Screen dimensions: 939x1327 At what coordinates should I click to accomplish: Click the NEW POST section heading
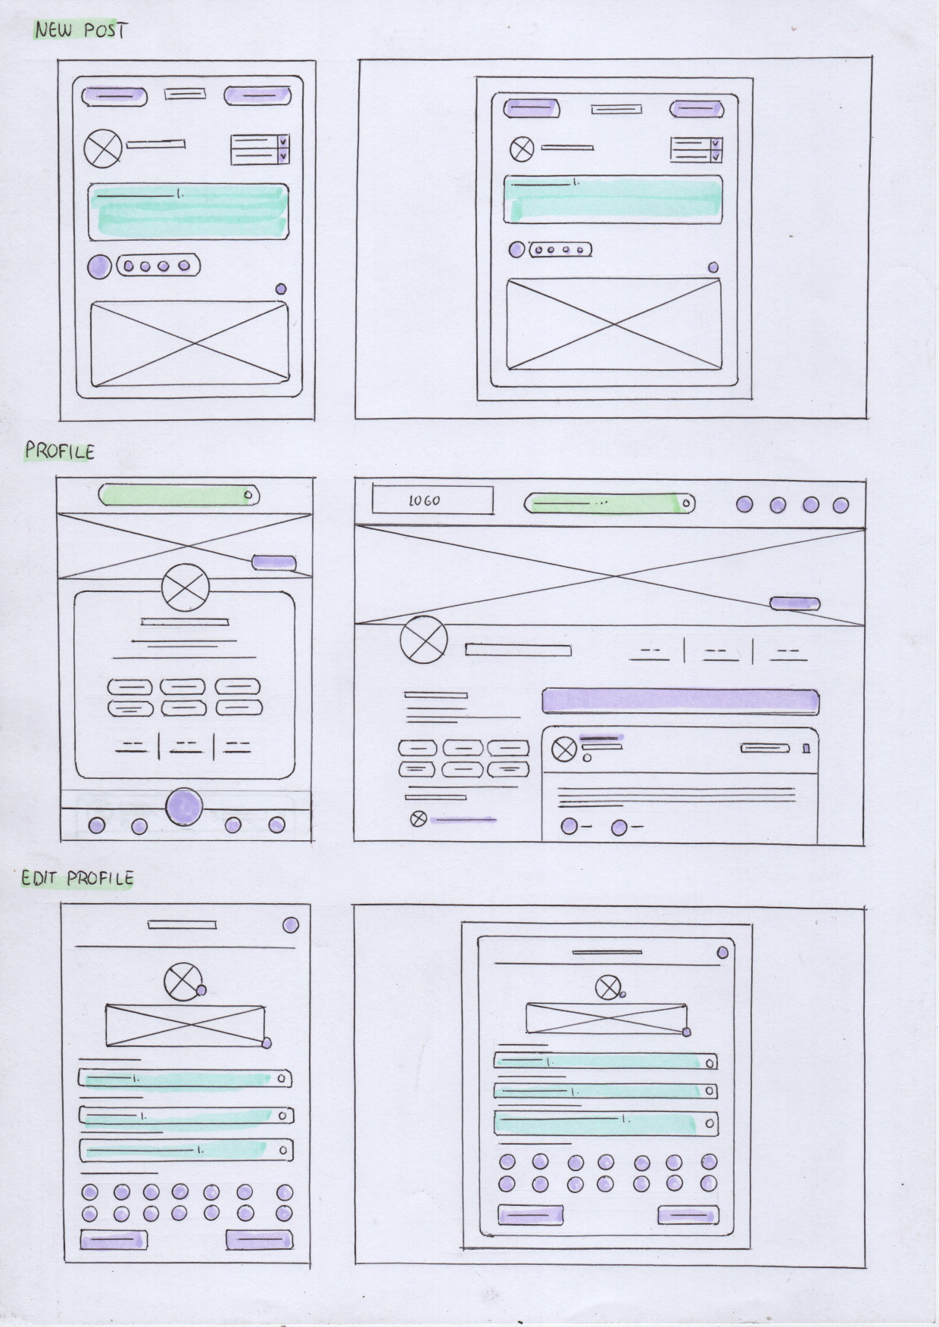click(x=81, y=30)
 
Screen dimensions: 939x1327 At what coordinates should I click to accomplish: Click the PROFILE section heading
click(x=60, y=451)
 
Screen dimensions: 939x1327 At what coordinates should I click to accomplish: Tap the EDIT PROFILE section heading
click(x=77, y=878)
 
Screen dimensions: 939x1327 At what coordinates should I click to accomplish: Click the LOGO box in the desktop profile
click(x=432, y=500)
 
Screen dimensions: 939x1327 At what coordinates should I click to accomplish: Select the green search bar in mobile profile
click(x=179, y=495)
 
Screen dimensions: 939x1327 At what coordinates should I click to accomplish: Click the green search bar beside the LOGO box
click(x=609, y=503)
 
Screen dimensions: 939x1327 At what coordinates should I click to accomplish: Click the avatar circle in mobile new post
click(x=102, y=148)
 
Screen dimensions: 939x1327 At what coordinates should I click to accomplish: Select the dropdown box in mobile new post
click(x=260, y=149)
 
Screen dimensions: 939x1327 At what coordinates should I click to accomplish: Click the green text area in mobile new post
click(x=188, y=211)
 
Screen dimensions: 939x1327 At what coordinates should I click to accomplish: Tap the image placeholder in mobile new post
click(x=189, y=344)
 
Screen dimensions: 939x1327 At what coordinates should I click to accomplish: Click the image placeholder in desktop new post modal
click(x=613, y=324)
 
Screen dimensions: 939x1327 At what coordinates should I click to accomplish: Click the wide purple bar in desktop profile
click(x=680, y=701)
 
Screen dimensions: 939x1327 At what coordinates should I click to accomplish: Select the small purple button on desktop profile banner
click(x=794, y=603)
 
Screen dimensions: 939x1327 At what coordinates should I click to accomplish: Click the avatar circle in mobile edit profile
click(x=182, y=982)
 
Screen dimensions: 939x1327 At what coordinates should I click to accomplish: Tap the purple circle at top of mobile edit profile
click(x=290, y=925)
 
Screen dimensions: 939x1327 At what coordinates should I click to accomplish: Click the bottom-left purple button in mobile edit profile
click(x=114, y=1240)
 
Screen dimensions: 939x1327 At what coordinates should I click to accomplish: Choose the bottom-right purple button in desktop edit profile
click(x=688, y=1214)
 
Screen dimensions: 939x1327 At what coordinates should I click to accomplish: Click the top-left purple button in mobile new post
click(x=114, y=96)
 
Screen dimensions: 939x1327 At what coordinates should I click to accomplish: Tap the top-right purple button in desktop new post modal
click(x=694, y=109)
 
